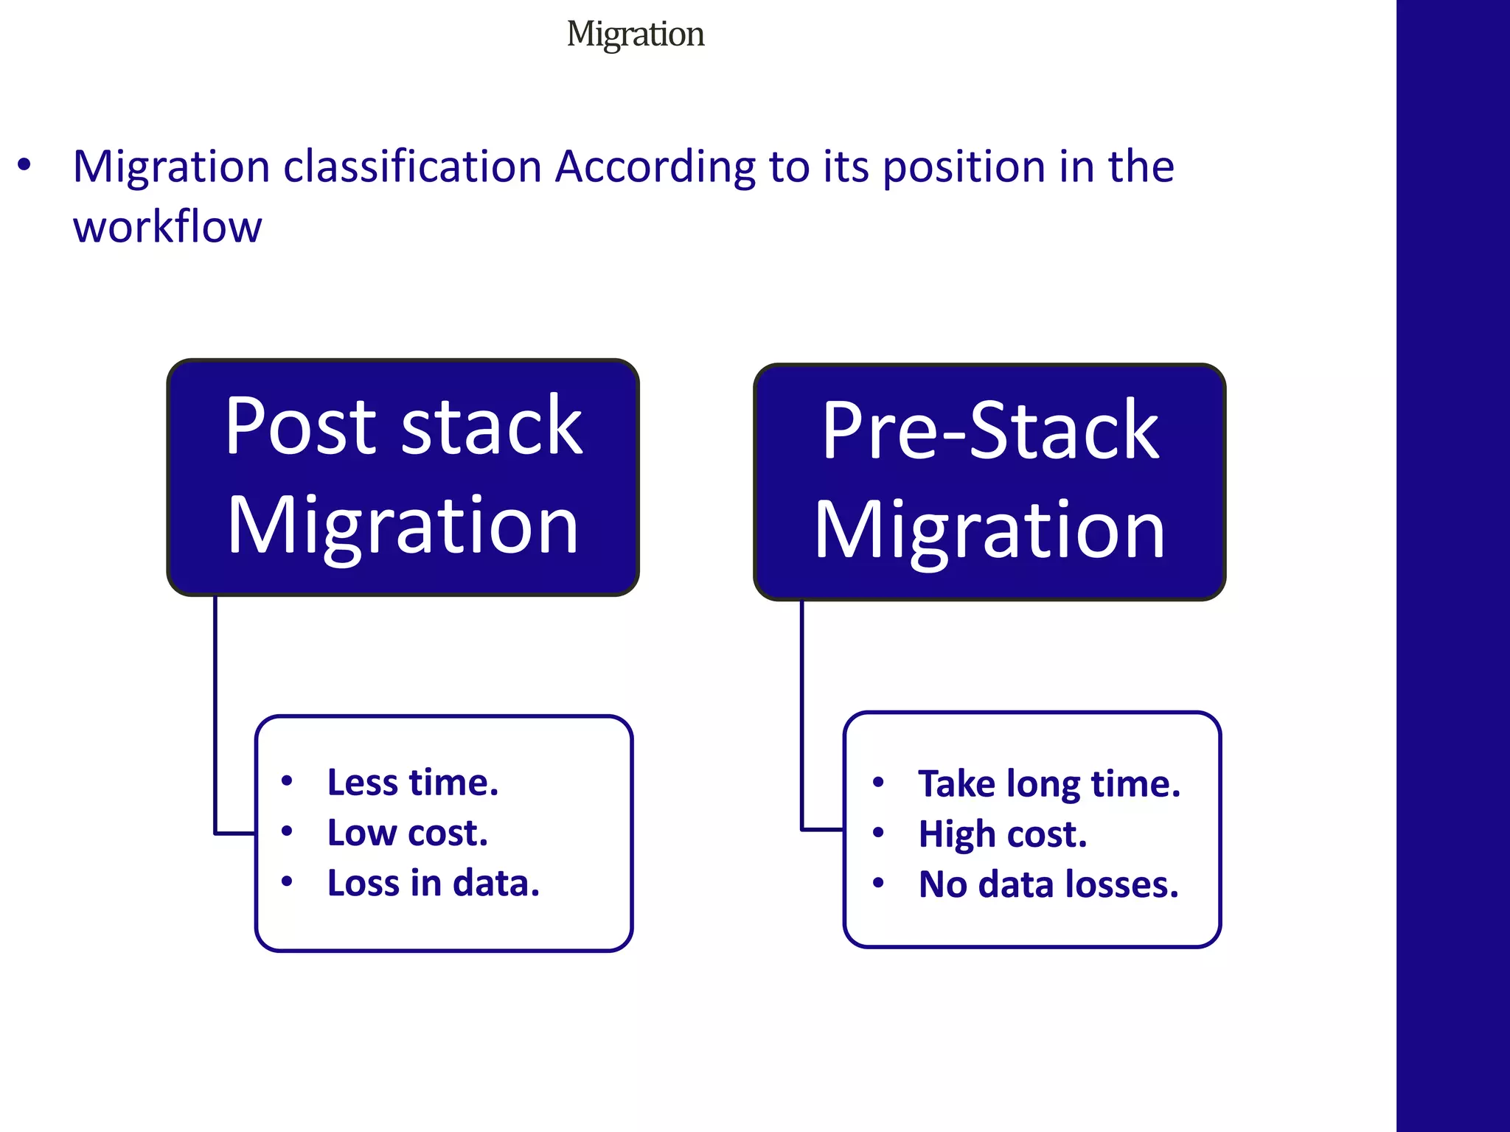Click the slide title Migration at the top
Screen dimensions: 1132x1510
click(x=635, y=35)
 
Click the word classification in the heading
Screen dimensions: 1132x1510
click(x=413, y=167)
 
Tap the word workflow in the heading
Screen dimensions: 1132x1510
click(x=167, y=227)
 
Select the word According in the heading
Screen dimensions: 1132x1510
click(x=655, y=167)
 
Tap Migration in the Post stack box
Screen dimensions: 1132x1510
click(x=403, y=525)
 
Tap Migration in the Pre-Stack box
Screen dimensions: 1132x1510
click(x=990, y=530)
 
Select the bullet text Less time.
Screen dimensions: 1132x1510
click(x=413, y=783)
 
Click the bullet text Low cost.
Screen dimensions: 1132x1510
click(x=408, y=834)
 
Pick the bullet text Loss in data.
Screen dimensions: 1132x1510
click(x=434, y=884)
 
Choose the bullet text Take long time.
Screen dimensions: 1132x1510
click(x=1048, y=784)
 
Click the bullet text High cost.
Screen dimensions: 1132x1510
click(x=1003, y=835)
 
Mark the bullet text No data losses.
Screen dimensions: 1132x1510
click(x=1048, y=884)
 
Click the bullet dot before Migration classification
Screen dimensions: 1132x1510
click(x=24, y=165)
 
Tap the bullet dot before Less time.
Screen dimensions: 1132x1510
click(x=287, y=781)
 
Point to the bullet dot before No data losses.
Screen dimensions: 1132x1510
click(x=877, y=883)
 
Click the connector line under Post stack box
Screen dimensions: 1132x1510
click(x=215, y=707)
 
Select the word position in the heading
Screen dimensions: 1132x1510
click(x=964, y=167)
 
